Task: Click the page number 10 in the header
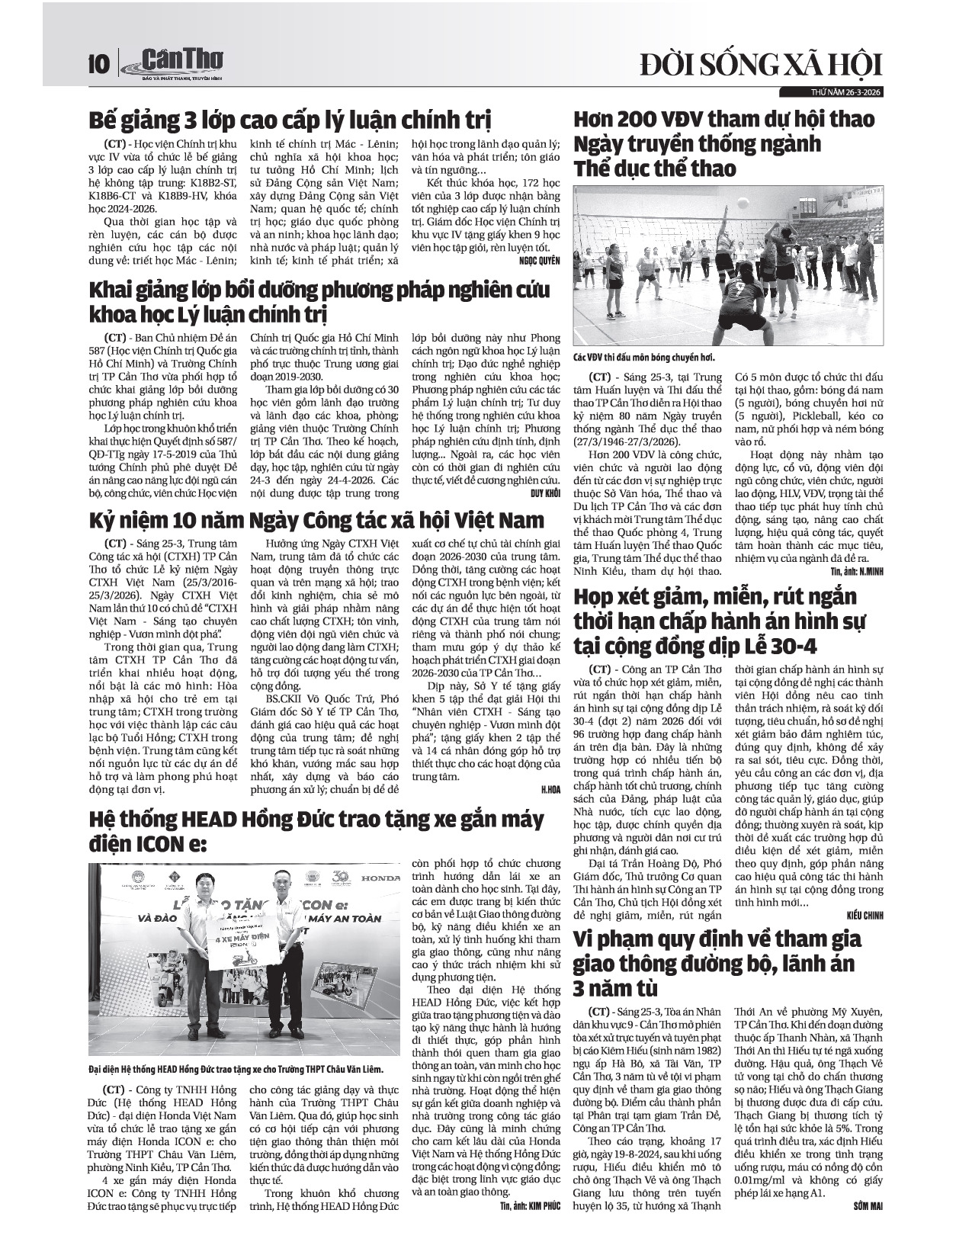pyautogui.click(x=98, y=63)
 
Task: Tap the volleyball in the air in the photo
pyautogui.click(x=743, y=202)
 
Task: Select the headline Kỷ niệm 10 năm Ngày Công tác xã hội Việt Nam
pyautogui.click(x=317, y=521)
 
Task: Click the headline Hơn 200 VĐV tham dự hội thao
pyautogui.click(x=723, y=143)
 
